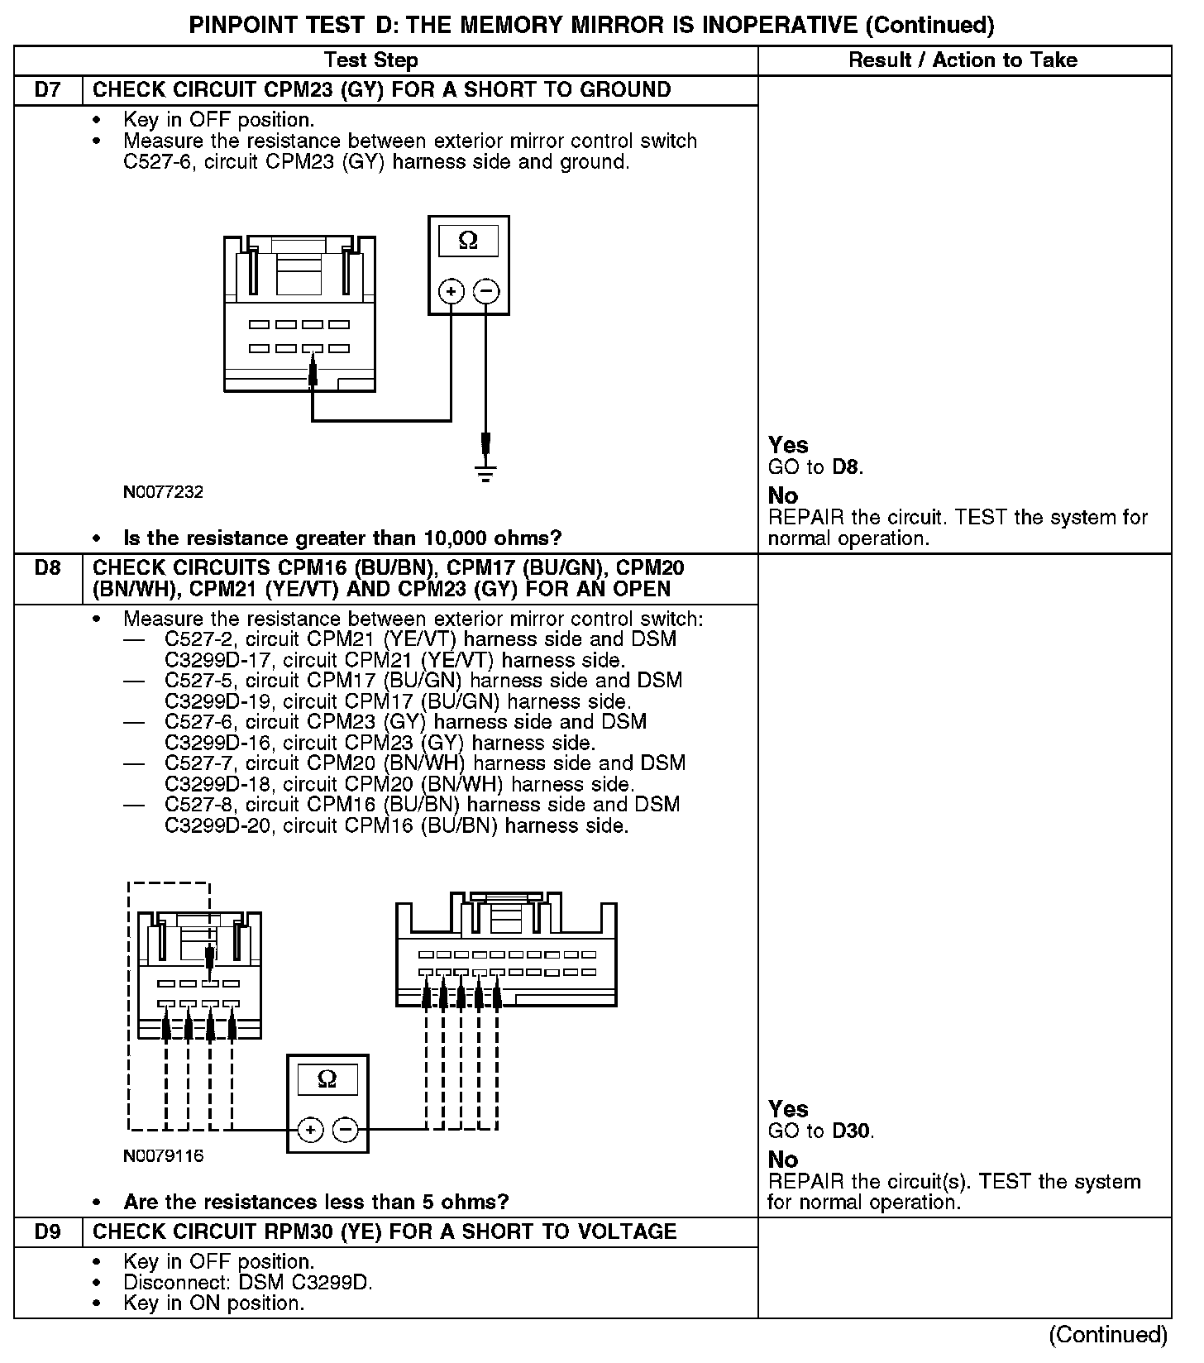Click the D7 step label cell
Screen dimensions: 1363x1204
pyautogui.click(x=48, y=90)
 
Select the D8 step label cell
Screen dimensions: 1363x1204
pyautogui.click(x=48, y=568)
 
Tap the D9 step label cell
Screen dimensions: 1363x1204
pyautogui.click(x=48, y=1231)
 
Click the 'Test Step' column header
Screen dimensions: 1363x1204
pyautogui.click(x=370, y=60)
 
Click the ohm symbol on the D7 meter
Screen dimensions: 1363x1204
pyautogui.click(x=468, y=241)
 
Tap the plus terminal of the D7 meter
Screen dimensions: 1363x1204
pyautogui.click(x=451, y=291)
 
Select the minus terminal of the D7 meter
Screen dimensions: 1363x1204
pyautogui.click(x=486, y=291)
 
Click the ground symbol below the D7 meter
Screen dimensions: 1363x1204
pyautogui.click(x=486, y=475)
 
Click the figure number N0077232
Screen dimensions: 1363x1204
pyautogui.click(x=163, y=492)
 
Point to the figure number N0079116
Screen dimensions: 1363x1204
pyautogui.click(x=163, y=1155)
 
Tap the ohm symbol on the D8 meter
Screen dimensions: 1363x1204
pyautogui.click(x=327, y=1079)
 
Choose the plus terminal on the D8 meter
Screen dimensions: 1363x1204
pyautogui.click(x=310, y=1130)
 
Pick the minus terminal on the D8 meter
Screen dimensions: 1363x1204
pyautogui.click(x=346, y=1130)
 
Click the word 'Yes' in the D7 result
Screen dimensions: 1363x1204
pyautogui.click(x=787, y=445)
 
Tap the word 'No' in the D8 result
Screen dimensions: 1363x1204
pyautogui.click(x=782, y=1160)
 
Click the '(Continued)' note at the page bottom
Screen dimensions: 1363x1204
pyautogui.click(x=1107, y=1335)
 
